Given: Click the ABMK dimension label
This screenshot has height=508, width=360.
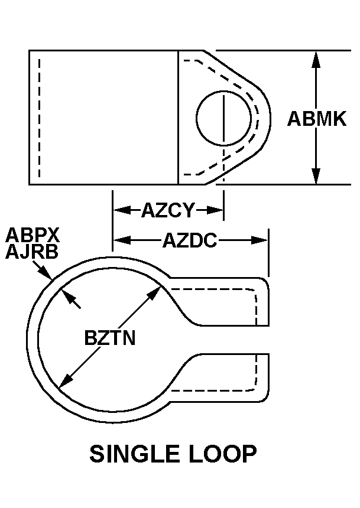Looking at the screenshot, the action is (316, 119).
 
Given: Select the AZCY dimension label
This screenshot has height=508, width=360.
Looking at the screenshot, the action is (168, 210).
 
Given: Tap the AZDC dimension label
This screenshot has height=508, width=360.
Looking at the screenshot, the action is (190, 240).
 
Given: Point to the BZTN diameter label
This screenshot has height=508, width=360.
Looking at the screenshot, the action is (109, 338).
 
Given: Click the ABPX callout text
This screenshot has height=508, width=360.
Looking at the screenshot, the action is (33, 235).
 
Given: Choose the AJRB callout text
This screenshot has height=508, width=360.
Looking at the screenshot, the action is (32, 252).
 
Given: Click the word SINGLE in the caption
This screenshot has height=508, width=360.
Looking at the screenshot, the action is (135, 454).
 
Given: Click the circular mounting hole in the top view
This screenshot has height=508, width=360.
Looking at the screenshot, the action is (223, 118).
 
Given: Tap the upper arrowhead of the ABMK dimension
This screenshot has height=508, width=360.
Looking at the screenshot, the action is (316, 59).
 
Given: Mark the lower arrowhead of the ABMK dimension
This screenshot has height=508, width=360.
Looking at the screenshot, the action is (316, 176).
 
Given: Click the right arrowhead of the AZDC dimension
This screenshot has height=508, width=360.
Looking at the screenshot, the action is (260, 240).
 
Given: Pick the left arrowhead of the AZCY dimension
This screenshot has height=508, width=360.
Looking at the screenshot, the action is (122, 210).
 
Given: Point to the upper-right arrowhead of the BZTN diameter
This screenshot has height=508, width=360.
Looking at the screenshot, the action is (154, 293).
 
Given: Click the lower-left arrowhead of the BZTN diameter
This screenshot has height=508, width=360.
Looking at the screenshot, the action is (66, 381).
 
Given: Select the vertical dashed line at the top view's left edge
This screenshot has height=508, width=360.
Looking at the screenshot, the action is (39, 118).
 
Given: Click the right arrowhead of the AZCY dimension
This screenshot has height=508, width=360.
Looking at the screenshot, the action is (215, 210).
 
